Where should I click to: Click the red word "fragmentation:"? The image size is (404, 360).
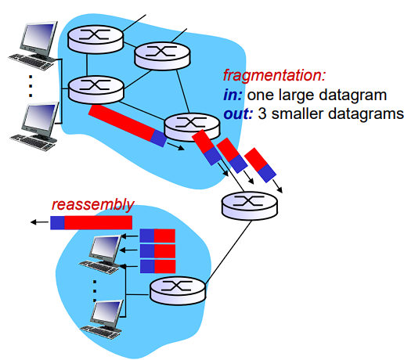pos(273,77)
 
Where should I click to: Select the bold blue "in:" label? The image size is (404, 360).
pos(233,95)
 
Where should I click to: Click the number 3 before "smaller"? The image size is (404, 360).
pos(262,114)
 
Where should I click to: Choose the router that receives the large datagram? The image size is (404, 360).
pos(186,125)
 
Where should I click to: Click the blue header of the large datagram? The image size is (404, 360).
pos(159,139)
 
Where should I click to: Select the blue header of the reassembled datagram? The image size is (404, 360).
pos(57,223)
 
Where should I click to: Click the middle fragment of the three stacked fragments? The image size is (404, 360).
pos(157,250)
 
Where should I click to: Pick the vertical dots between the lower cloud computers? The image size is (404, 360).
pos(94,288)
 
